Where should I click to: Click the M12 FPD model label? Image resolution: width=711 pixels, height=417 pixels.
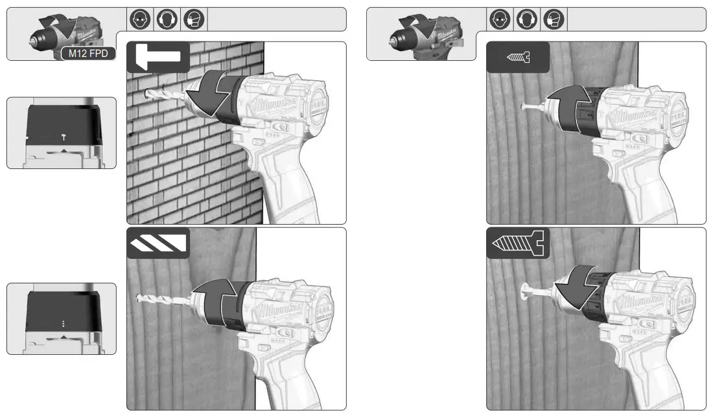89,54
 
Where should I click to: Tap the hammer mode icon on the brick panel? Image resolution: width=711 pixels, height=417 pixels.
157,57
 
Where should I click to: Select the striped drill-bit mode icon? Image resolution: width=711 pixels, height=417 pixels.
157,243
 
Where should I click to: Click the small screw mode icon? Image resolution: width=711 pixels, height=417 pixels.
518,58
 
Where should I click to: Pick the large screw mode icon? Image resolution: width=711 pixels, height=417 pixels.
518,243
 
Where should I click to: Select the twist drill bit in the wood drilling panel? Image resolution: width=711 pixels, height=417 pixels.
162,298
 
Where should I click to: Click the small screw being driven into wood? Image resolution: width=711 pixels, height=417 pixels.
531,106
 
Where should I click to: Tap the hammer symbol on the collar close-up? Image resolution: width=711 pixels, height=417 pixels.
62,137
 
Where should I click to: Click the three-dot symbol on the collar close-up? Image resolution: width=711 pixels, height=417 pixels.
62,322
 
